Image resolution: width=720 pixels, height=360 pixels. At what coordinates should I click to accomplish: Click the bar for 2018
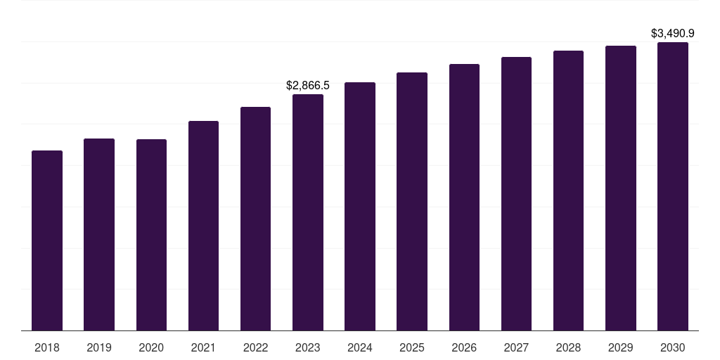tap(47, 240)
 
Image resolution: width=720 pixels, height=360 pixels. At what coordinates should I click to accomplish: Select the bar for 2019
tap(99, 235)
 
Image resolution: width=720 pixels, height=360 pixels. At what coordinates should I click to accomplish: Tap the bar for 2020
tap(152, 235)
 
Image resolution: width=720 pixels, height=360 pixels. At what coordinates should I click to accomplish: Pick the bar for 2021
tap(203, 226)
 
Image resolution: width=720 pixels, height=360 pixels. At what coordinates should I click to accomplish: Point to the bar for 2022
tap(255, 219)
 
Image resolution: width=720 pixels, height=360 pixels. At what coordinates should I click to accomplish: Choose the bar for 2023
tap(308, 212)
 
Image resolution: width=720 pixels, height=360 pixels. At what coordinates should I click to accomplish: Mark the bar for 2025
tap(412, 202)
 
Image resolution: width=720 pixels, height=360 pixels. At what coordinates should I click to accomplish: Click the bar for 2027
tap(516, 194)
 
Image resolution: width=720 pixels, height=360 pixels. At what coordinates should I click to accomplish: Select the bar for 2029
tap(621, 188)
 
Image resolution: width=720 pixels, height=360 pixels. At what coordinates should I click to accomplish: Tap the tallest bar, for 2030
tap(673, 186)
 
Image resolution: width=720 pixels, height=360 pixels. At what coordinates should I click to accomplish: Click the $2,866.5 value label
tap(308, 85)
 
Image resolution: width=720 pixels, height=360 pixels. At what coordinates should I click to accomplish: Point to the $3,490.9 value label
tap(673, 34)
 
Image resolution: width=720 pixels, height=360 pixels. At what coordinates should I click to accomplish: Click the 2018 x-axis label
tap(47, 347)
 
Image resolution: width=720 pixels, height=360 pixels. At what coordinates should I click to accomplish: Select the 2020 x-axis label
tap(152, 347)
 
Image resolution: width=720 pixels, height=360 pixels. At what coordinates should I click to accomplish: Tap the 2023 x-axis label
tap(308, 347)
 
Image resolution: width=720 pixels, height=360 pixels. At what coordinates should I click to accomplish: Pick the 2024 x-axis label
tap(360, 347)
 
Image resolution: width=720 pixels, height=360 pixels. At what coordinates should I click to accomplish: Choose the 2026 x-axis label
tap(464, 347)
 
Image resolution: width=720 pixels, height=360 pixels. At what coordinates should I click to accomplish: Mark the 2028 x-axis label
tap(568, 347)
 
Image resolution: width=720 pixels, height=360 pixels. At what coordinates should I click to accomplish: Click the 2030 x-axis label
tap(673, 347)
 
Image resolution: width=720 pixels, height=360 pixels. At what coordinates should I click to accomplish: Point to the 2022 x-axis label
tap(255, 347)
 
